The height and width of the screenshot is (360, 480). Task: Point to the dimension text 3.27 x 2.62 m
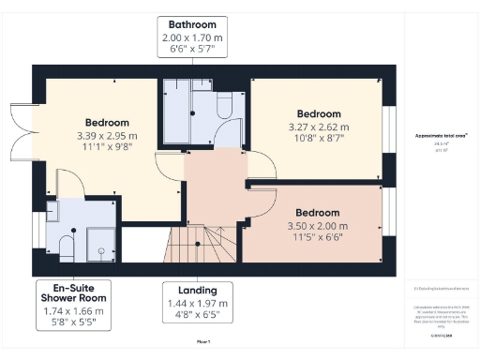(317, 127)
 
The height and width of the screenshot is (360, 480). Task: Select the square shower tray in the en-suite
(99, 246)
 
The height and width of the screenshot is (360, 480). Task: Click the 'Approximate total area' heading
(442, 135)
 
